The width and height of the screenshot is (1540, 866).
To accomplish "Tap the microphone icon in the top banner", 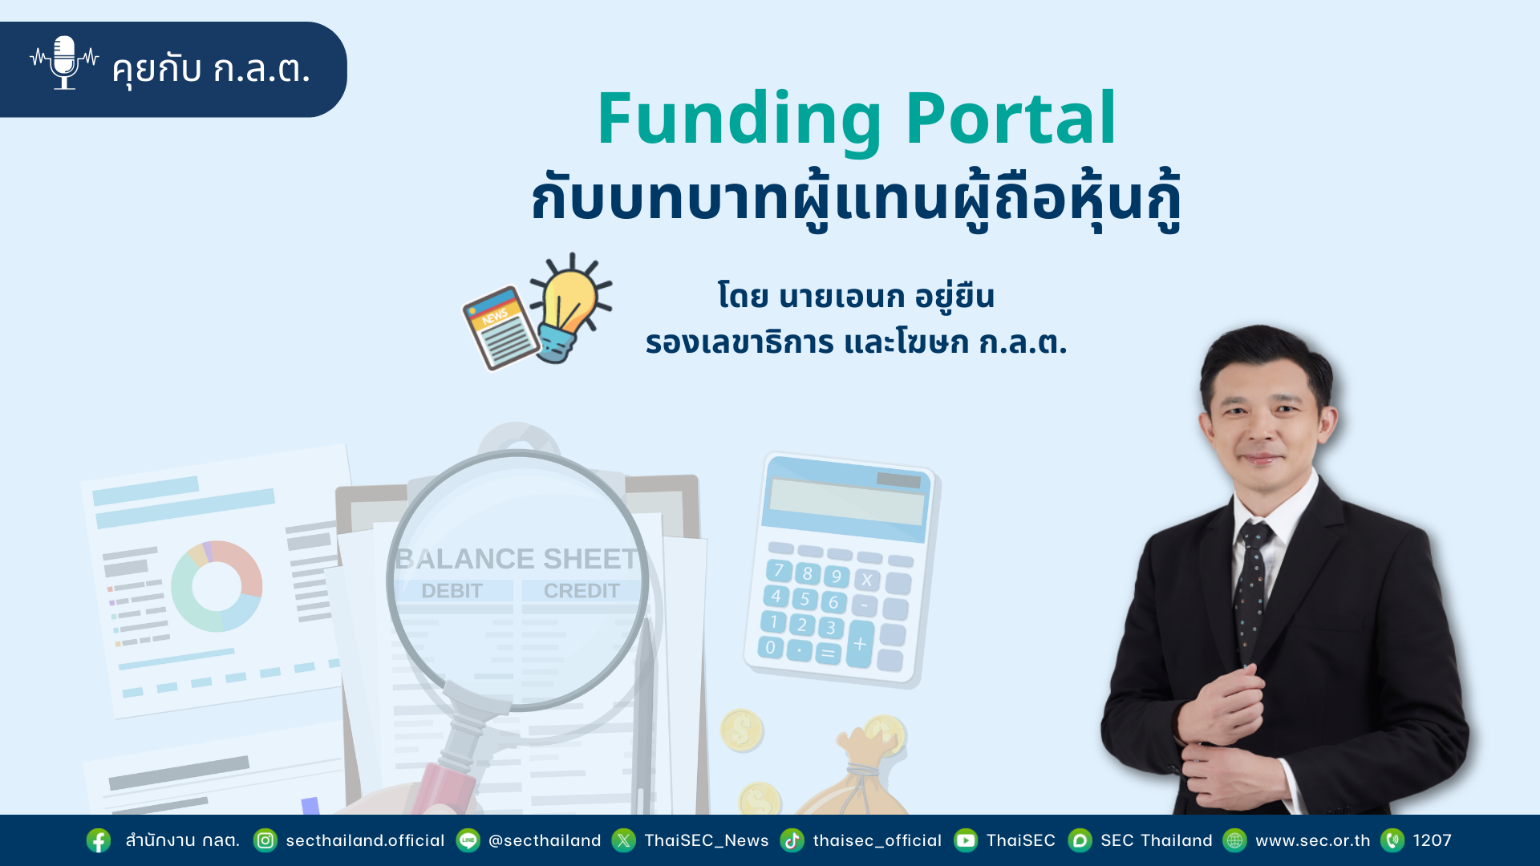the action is tap(64, 63).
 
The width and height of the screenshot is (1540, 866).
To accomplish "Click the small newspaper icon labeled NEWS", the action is tap(501, 328).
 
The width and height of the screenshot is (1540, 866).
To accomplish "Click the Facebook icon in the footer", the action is tap(99, 840).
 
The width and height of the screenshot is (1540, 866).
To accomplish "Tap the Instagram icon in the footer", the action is tap(265, 840).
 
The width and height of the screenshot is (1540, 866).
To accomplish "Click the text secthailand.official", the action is tap(365, 840).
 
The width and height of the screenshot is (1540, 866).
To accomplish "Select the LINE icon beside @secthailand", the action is tap(468, 840).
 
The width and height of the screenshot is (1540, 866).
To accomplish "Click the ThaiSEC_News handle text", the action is tap(707, 840).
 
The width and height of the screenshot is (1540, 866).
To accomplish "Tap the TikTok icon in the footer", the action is tap(792, 840).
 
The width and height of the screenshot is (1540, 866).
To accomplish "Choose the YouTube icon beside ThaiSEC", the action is tap(966, 840).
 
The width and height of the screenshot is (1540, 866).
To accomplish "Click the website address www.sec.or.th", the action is tap(1313, 840).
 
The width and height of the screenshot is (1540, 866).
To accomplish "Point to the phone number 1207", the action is tap(1433, 840).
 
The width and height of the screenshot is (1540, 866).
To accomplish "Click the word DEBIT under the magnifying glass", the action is tap(452, 591).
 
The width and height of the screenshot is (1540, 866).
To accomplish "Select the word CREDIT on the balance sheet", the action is tap(582, 591).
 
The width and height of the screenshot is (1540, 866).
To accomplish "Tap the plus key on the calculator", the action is tap(860, 644).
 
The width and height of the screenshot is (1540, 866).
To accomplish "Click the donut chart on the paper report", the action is tap(217, 586).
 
